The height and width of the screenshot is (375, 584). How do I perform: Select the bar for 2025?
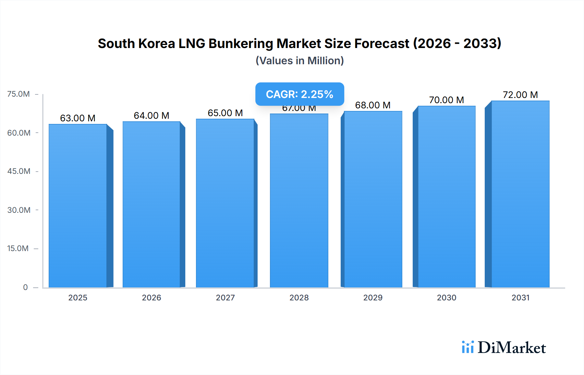[78, 206]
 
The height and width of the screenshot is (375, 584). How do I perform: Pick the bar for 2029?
[373, 199]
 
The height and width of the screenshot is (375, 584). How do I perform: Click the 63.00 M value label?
[78, 118]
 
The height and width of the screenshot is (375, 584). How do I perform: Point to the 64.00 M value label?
[152, 115]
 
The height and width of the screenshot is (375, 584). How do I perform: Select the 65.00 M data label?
[225, 113]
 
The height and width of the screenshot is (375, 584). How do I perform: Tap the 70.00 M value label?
[446, 100]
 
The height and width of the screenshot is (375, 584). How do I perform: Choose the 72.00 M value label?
[520, 95]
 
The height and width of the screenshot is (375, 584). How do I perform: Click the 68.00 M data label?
[373, 105]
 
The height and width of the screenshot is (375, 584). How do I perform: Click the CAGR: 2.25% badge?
[299, 94]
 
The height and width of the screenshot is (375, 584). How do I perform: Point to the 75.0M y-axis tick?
[18, 94]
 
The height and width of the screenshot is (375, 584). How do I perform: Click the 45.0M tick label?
[19, 171]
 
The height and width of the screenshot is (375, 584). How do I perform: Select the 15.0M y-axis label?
[18, 248]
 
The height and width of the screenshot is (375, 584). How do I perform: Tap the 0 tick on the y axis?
[25, 287]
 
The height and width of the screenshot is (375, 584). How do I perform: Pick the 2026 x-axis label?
[152, 297]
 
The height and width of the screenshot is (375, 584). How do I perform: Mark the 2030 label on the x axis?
[446, 297]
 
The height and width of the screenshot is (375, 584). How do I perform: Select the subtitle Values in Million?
[299, 61]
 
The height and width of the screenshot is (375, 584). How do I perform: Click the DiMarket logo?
[504, 347]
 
